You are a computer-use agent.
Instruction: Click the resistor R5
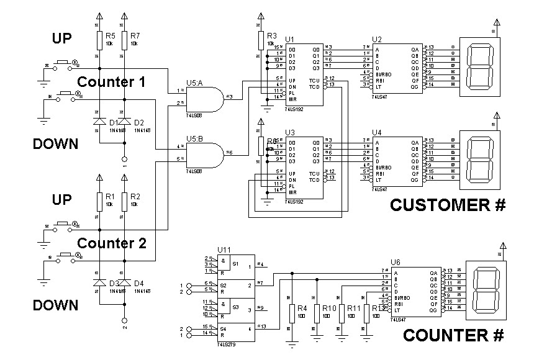tap(99, 40)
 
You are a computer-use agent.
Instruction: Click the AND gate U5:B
tap(208, 152)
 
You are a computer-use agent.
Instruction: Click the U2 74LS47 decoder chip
tap(397, 68)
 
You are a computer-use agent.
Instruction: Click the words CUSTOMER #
tap(448, 205)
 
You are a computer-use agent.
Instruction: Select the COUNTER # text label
tap(453, 336)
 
